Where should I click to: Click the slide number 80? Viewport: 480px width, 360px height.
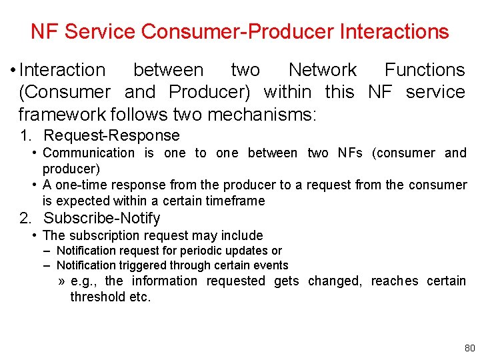pos(469,348)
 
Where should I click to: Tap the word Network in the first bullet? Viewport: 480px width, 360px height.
pos(323,69)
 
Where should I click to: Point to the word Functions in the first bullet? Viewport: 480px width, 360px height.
pos(425,69)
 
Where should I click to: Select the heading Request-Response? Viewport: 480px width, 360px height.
pos(111,135)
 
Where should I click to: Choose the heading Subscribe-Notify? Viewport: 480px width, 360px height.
pos(102,218)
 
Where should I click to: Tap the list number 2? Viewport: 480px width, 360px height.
pos(25,218)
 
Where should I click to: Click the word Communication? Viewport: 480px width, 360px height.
pos(89,153)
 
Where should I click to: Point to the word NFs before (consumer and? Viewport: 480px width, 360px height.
pos(349,153)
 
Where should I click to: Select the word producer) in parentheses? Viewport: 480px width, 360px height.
pos(71,169)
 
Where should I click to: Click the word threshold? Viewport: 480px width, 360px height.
pos(98,297)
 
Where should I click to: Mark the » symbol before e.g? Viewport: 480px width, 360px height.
pos(61,281)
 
